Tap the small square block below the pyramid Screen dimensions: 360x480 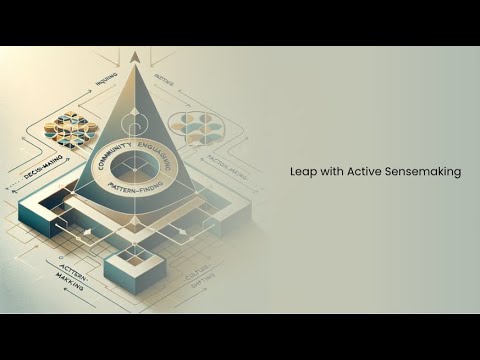point(129,265)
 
